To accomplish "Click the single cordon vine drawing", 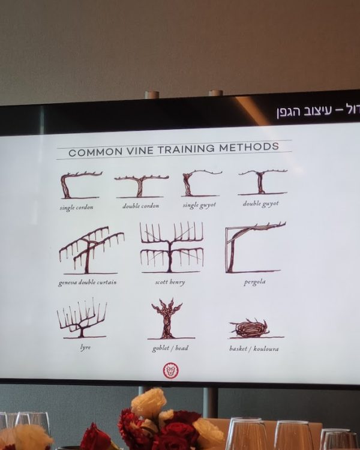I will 79,185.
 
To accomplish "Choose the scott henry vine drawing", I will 172,247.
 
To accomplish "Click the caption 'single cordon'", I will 76,208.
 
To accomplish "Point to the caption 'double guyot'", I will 260,203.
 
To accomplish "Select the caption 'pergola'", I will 254,281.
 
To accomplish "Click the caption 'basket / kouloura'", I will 253,348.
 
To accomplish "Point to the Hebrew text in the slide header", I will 316,111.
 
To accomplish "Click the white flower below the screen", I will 148,403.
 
